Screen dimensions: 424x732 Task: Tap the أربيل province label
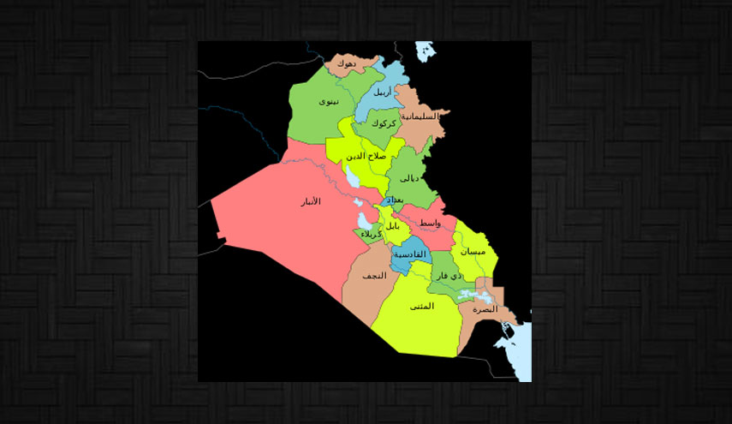click(x=384, y=92)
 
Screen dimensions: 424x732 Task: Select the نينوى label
click(x=329, y=102)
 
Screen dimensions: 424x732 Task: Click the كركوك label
click(x=384, y=124)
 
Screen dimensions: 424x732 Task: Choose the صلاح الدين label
click(x=366, y=156)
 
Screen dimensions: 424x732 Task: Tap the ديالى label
click(x=410, y=178)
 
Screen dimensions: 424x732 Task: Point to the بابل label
click(x=392, y=226)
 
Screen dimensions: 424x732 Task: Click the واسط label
click(x=430, y=223)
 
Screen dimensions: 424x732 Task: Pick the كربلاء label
click(x=371, y=235)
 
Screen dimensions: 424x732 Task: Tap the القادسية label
click(x=408, y=255)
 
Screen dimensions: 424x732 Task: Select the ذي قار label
click(x=449, y=277)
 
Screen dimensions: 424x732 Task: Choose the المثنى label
click(x=421, y=306)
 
